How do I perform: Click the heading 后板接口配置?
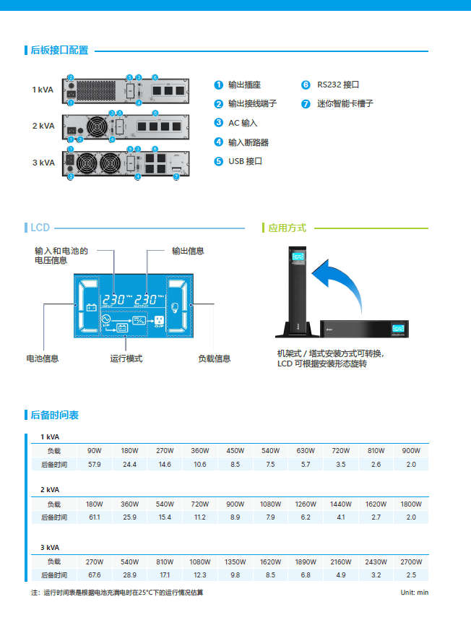(59, 51)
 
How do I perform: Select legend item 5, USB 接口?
(245, 161)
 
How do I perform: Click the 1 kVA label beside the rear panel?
(43, 90)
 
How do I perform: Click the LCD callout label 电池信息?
(43, 358)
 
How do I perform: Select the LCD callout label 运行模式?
(126, 358)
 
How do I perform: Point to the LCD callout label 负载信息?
(215, 358)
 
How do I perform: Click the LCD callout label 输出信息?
(188, 251)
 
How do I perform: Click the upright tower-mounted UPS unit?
(297, 289)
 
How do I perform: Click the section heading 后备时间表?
(54, 415)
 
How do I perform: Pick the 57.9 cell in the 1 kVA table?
(94, 464)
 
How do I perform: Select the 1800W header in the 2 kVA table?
(411, 504)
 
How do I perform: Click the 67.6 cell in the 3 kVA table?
(94, 575)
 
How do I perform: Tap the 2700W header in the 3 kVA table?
(411, 562)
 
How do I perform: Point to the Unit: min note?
(415, 593)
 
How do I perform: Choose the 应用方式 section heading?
(287, 228)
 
